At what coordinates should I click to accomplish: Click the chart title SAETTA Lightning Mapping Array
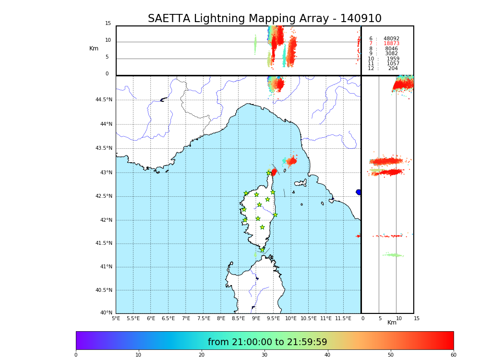pos(264,19)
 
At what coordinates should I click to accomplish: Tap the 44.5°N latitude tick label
pos(104,100)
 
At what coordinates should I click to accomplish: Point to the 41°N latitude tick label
pos(106,267)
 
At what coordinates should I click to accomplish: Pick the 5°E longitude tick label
pos(116,318)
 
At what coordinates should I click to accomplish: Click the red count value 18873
pos(391,44)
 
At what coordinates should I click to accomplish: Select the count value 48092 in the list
pos(391,39)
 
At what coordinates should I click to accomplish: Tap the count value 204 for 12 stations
pos(393,69)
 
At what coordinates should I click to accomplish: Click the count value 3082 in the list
pos(391,54)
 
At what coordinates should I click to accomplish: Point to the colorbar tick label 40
pos(327,355)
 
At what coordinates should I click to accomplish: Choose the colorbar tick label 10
pos(138,355)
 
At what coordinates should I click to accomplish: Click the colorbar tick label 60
pos(453,355)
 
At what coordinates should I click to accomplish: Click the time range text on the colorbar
pos(267,342)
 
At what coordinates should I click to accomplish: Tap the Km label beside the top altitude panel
pos(94,48)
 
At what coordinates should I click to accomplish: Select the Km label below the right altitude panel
pos(392,323)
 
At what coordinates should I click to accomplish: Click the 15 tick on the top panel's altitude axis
pos(108,24)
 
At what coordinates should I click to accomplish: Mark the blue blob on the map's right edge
pos(359,192)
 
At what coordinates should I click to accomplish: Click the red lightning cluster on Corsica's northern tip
pos(274,172)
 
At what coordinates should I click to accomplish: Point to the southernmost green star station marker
pos(262,250)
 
